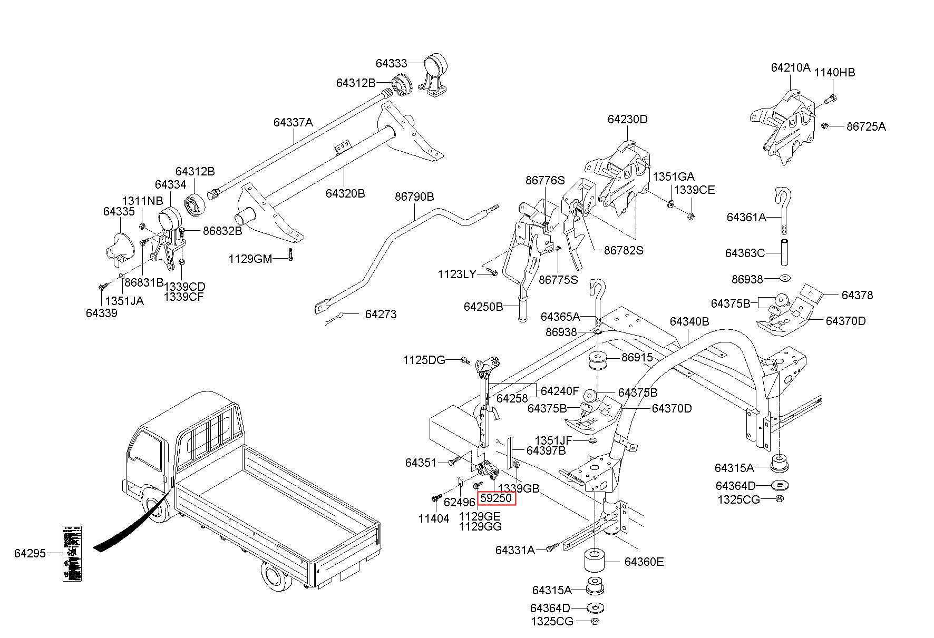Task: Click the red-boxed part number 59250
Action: (x=496, y=497)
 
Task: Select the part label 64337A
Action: (x=293, y=122)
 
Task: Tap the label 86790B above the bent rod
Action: (x=414, y=197)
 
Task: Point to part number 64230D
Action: (x=627, y=119)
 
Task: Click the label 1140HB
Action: (x=835, y=72)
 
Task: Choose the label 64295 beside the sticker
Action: (x=30, y=553)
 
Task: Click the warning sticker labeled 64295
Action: (x=73, y=553)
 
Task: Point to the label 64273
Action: (x=381, y=314)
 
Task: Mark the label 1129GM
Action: (x=250, y=259)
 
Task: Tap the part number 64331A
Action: (x=515, y=550)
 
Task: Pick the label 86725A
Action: (x=866, y=126)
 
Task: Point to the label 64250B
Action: (x=483, y=306)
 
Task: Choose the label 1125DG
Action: (x=424, y=360)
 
